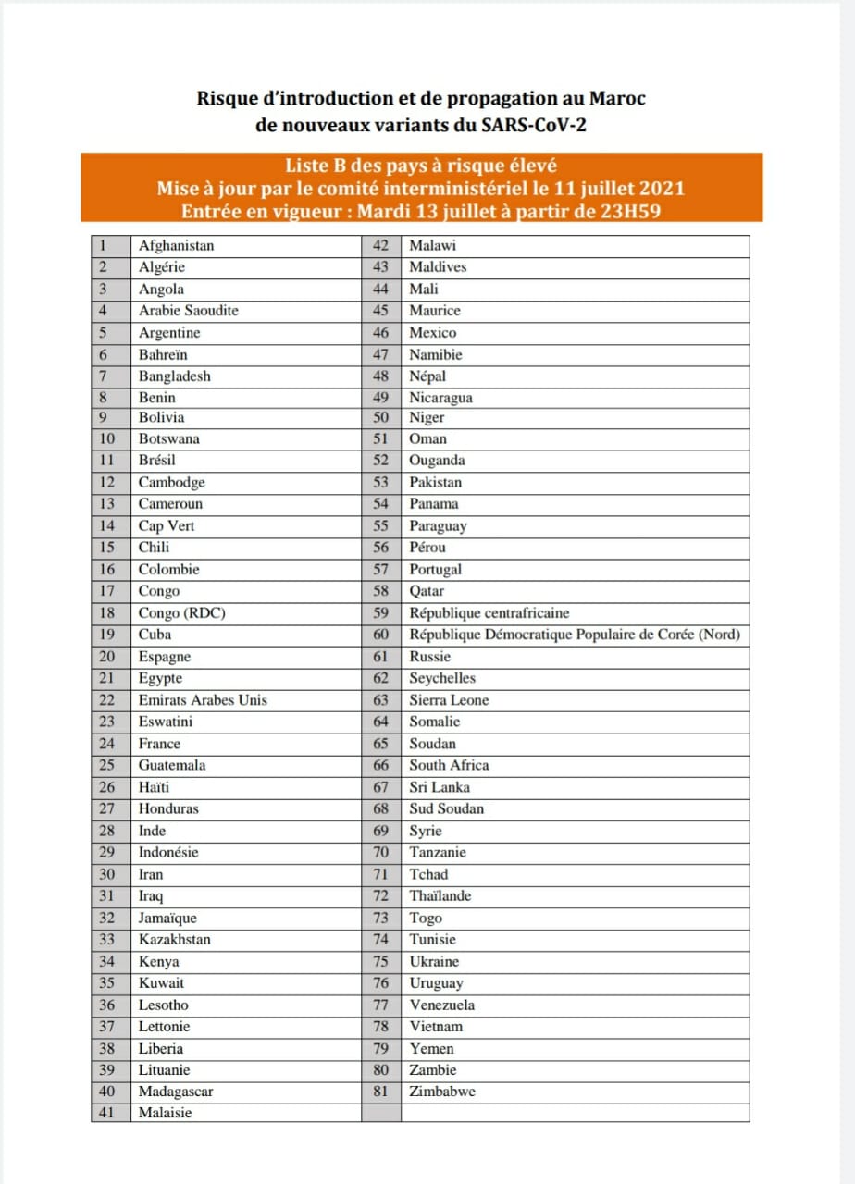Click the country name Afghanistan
coord(177,246)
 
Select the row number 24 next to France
coord(107,744)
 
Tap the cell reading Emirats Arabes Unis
coord(203,700)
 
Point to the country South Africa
coord(450,765)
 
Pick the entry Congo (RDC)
coord(182,613)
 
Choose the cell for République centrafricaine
coord(489,613)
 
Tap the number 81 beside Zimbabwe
coord(380,1091)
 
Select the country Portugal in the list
coord(436,570)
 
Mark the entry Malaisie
coord(166,1114)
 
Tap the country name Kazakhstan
coord(175,940)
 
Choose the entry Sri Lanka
coord(440,787)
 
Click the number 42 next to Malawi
coord(380,246)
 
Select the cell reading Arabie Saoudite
coord(189,311)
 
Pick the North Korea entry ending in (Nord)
coord(575,635)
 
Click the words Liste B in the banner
coord(318,166)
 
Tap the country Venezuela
coord(442,1005)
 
